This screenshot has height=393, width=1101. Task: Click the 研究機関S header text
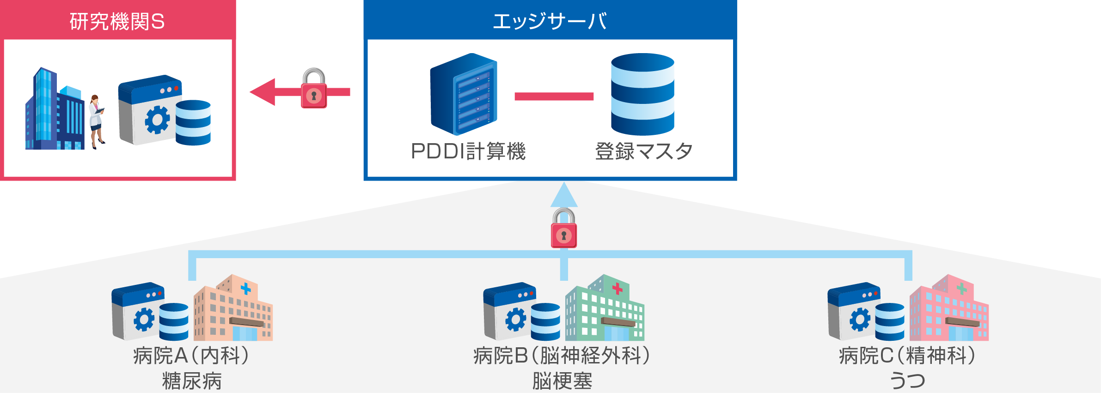(117, 21)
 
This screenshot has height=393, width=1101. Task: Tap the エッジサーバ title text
(550, 21)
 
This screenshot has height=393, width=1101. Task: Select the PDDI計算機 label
(468, 151)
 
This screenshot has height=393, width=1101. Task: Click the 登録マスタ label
(643, 151)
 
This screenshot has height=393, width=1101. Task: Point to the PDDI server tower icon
(464, 94)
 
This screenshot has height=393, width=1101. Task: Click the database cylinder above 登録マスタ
(642, 94)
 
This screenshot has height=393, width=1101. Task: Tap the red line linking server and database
(554, 96)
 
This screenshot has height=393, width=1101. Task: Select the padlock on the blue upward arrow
(564, 229)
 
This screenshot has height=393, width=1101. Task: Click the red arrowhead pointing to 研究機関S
(263, 92)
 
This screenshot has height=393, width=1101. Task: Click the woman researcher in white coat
(97, 121)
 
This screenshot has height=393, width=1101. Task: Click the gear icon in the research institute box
(157, 120)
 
